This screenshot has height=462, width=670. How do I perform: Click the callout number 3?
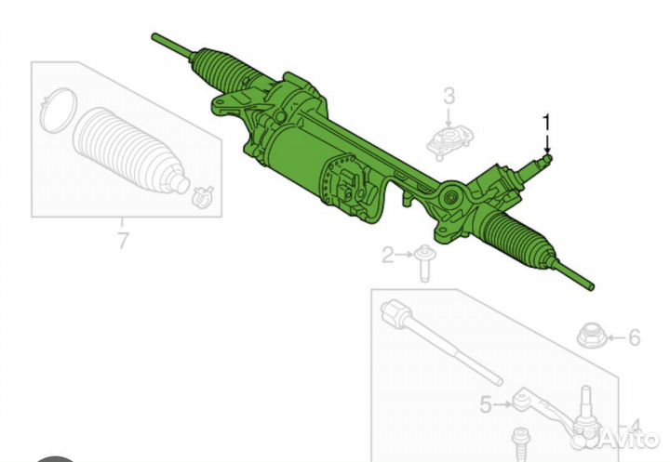[x=449, y=96]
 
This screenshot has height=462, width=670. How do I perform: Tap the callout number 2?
[x=387, y=256]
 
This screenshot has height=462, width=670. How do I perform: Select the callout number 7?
[x=123, y=241]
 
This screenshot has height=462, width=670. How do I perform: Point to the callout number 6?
[x=634, y=337]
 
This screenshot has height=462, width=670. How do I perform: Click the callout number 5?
[x=486, y=404]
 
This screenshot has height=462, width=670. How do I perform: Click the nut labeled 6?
[x=591, y=336]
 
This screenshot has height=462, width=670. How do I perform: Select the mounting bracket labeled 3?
[x=450, y=142]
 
